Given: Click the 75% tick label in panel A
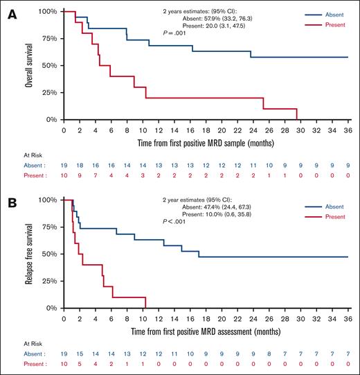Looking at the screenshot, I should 48,39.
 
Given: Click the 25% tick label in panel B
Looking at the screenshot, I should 48,281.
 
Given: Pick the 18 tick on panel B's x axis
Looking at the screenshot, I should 206,317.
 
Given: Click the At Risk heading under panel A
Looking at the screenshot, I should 18,155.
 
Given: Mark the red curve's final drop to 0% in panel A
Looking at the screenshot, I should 297,114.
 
